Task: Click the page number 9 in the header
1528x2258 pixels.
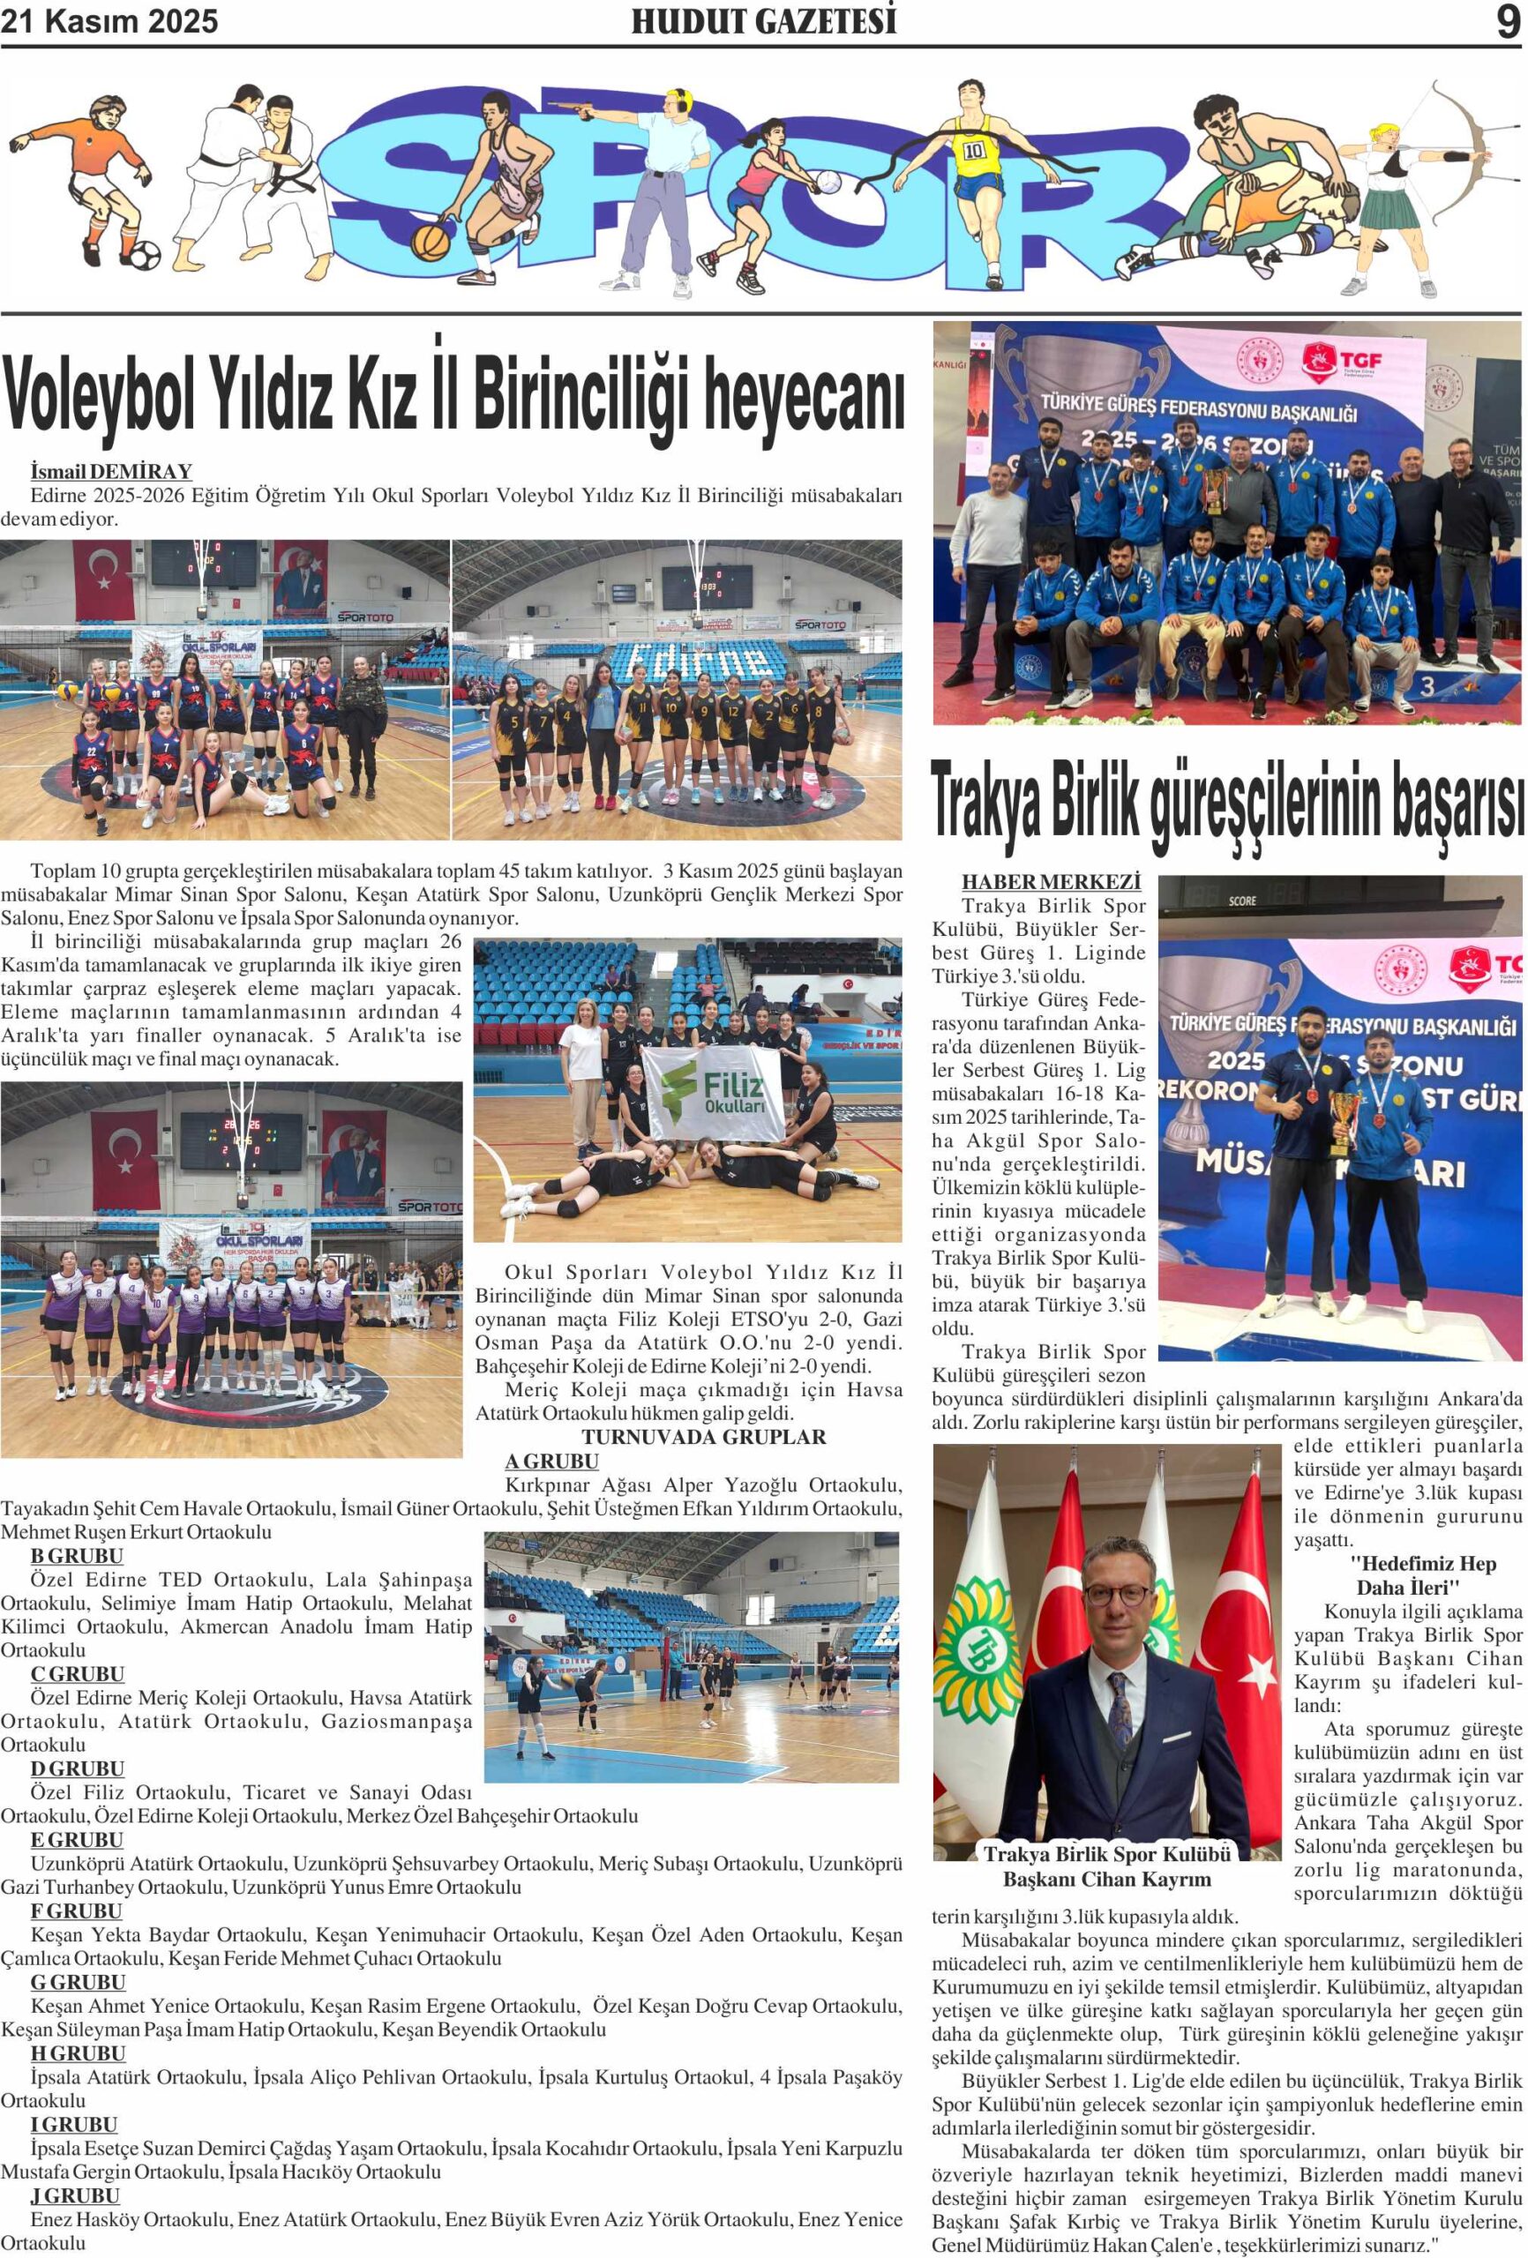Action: click(1507, 21)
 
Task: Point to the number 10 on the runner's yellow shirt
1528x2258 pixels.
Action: click(973, 152)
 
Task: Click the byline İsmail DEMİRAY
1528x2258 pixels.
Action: click(112, 472)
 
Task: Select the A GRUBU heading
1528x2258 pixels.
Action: click(551, 1462)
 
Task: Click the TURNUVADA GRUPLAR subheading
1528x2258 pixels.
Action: click(704, 1437)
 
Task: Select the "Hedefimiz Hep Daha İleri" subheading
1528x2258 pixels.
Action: click(1408, 1576)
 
